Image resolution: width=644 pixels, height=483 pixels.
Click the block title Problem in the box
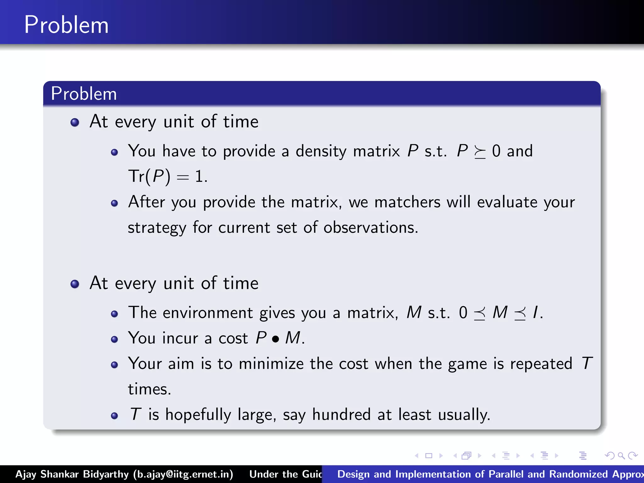click(x=84, y=93)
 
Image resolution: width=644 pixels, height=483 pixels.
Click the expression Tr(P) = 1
click(x=167, y=176)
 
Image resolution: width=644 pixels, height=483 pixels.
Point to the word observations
click(x=370, y=227)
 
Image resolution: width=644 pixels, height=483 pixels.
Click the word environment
click(x=208, y=313)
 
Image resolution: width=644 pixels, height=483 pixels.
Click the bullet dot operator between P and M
click(x=276, y=339)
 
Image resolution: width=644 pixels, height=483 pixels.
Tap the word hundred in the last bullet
click(x=341, y=414)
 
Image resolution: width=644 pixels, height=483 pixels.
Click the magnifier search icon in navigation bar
click(x=621, y=455)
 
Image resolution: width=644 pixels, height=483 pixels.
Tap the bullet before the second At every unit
click(x=75, y=284)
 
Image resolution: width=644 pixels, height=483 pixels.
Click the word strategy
click(x=157, y=228)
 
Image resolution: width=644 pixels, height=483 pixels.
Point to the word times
click(x=149, y=389)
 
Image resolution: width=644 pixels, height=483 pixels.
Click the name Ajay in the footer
click(x=26, y=474)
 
